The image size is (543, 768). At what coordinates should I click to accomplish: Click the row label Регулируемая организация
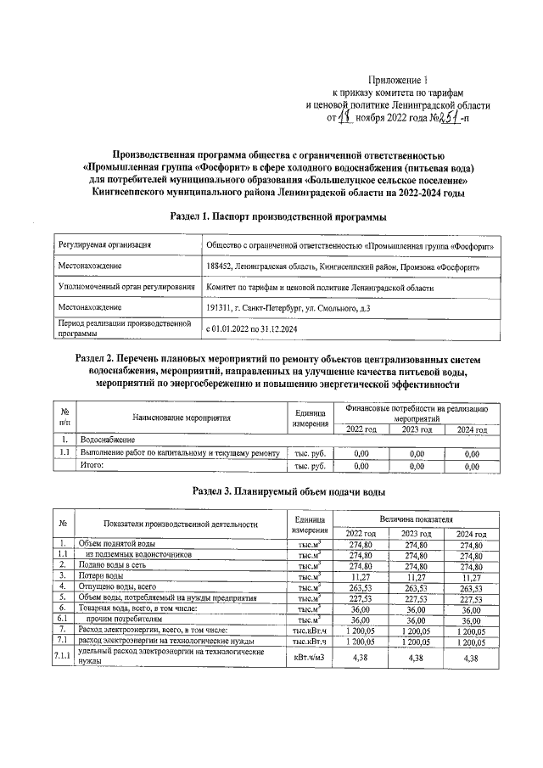point(104,245)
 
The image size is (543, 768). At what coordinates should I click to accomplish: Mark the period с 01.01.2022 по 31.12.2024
point(255,328)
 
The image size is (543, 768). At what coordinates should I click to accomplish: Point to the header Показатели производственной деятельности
point(181,524)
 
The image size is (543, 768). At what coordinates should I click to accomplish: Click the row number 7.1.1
point(62,656)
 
